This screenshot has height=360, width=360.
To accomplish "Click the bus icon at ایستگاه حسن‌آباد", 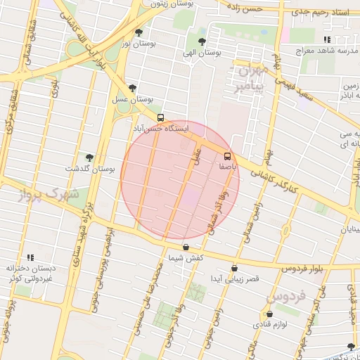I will click(x=161, y=117).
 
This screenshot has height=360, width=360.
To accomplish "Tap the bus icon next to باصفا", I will click(x=227, y=155).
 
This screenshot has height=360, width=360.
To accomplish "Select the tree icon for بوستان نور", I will click(x=138, y=32).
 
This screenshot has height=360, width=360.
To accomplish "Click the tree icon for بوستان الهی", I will click(x=202, y=41).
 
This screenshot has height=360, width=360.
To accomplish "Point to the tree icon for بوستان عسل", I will click(x=132, y=88).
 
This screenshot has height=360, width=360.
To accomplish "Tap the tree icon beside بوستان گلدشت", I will click(x=89, y=157).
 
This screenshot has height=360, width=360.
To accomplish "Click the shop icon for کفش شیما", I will click(x=186, y=247).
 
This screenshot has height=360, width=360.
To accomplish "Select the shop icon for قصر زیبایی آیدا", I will click(x=234, y=268).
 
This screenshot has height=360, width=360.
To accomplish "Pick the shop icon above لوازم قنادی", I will click(x=269, y=314).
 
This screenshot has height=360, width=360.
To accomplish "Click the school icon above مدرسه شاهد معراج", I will click(x=326, y=39).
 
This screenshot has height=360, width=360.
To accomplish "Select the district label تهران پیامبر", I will click(x=250, y=79).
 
